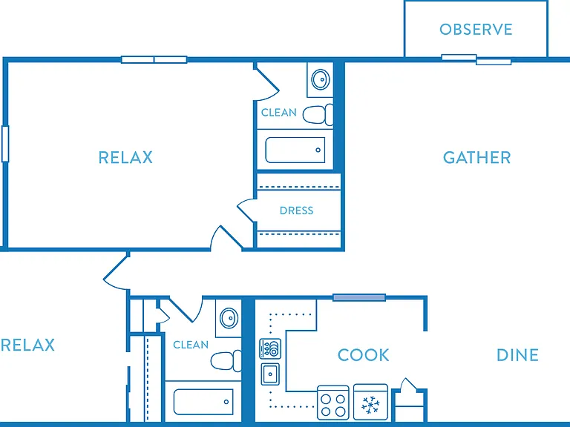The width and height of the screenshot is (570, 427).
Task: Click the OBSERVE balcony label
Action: tap(476, 30)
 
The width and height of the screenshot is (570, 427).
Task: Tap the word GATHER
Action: tap(477, 158)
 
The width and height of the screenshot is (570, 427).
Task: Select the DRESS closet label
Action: tap(296, 211)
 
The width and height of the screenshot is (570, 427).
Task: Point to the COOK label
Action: tap(363, 355)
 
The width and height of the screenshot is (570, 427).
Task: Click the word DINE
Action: tap(517, 355)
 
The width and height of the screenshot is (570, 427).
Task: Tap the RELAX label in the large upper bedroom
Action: tap(125, 158)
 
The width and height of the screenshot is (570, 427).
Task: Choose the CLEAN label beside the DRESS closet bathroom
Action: tap(279, 113)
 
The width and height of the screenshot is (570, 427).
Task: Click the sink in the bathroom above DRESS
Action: tap(321, 79)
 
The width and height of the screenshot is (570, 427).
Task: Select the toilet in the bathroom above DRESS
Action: tap(318, 114)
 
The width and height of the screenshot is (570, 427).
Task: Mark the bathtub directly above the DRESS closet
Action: tap(295, 150)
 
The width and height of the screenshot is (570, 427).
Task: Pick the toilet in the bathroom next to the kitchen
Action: tap(226, 360)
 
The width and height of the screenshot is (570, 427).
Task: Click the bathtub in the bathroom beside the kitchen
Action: tap(203, 402)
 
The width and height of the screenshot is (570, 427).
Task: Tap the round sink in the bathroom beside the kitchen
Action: tap(229, 318)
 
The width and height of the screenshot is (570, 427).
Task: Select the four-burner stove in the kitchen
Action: tap(333, 403)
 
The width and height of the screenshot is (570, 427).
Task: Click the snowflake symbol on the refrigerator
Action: tap(370, 405)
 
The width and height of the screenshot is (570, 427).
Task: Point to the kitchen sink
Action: tap(270, 374)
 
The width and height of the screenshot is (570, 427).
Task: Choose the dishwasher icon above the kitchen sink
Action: tap(270, 348)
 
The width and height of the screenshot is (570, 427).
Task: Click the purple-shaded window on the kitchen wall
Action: tap(359, 298)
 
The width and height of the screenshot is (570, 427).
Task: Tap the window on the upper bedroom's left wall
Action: tap(5, 144)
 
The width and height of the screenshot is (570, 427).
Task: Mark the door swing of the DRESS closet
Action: tap(246, 210)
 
